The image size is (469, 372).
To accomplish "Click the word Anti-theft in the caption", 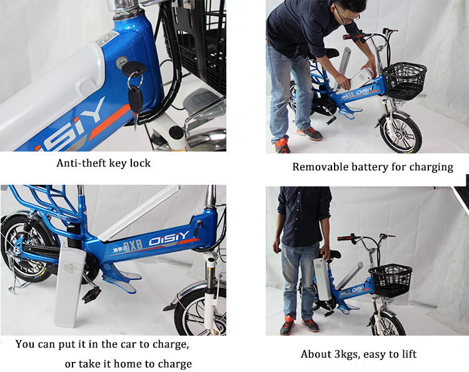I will click(80, 163).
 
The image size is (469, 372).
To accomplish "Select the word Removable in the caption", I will click(318, 167).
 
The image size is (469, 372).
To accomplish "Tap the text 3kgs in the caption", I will click(345, 354).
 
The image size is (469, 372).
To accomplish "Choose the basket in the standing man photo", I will click(390, 280).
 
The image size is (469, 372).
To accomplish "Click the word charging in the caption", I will click(430, 167).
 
